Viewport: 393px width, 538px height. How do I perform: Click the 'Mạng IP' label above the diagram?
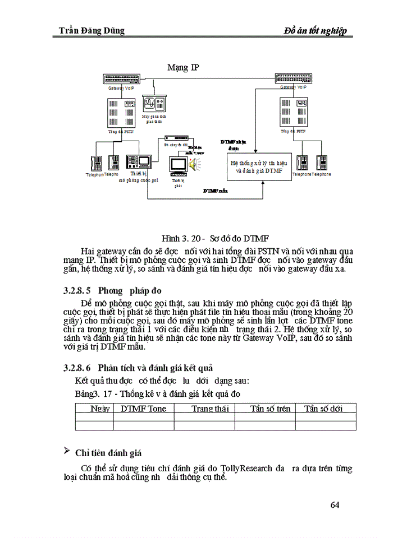pyautogui.click(x=183, y=68)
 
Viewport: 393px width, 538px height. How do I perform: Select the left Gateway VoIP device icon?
pyautogui.click(x=122, y=79)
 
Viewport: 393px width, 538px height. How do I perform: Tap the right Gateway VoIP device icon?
pyautogui.click(x=295, y=78)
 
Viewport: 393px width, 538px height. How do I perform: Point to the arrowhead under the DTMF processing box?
pyautogui.click(x=262, y=184)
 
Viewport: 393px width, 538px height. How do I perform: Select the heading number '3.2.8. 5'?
pyautogui.click(x=77, y=291)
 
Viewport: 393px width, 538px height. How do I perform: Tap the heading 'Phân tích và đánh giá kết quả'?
pyautogui.click(x=156, y=368)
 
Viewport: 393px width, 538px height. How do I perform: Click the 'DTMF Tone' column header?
pyautogui.click(x=144, y=409)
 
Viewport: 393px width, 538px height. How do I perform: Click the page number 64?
pyautogui.click(x=335, y=505)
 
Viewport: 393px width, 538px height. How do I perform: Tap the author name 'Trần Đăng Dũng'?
pyautogui.click(x=92, y=30)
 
